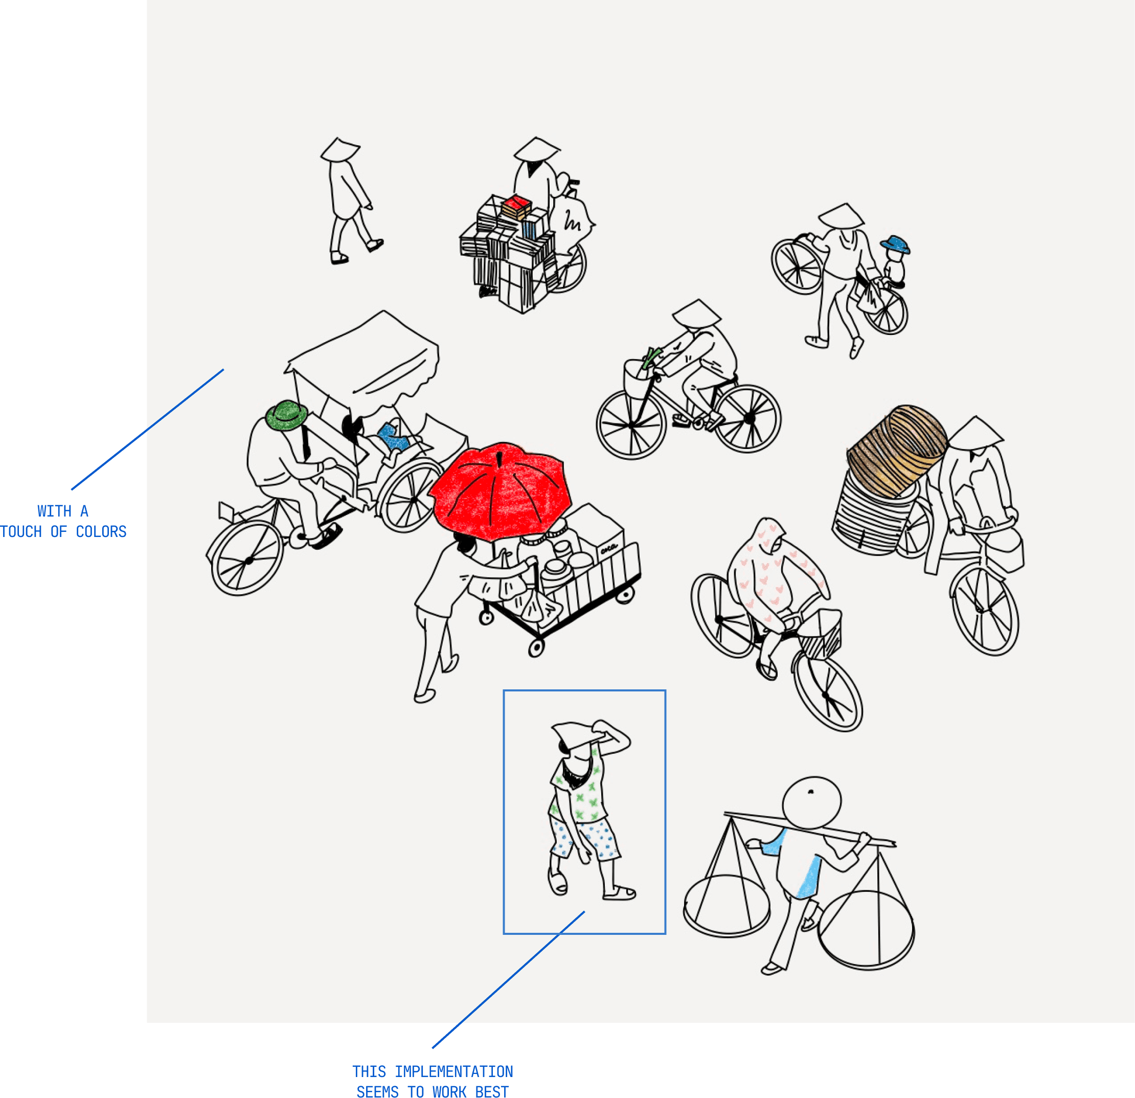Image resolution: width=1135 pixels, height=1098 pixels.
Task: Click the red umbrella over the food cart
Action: (x=501, y=491)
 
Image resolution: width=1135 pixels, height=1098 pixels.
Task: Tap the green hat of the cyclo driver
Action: (x=286, y=415)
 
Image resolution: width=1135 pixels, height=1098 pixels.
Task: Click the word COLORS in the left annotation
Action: (x=101, y=532)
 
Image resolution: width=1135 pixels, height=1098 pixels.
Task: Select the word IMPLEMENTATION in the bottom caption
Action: (x=454, y=1071)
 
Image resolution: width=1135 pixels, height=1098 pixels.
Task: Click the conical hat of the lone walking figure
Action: (x=340, y=149)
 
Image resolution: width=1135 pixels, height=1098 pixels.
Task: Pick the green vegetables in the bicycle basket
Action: (x=651, y=357)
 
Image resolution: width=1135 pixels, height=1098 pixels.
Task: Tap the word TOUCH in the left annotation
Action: (x=21, y=532)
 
